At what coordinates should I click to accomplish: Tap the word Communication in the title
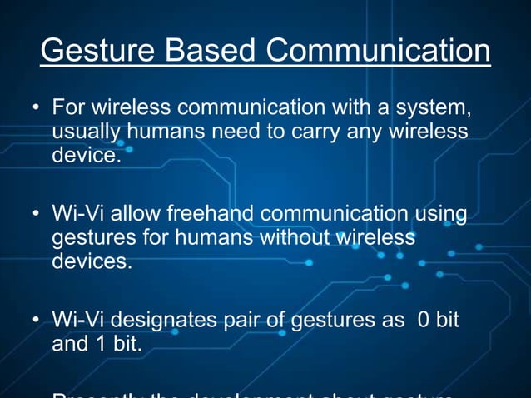379,51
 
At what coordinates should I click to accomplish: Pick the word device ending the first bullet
87,156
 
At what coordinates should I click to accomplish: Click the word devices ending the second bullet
92,261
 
